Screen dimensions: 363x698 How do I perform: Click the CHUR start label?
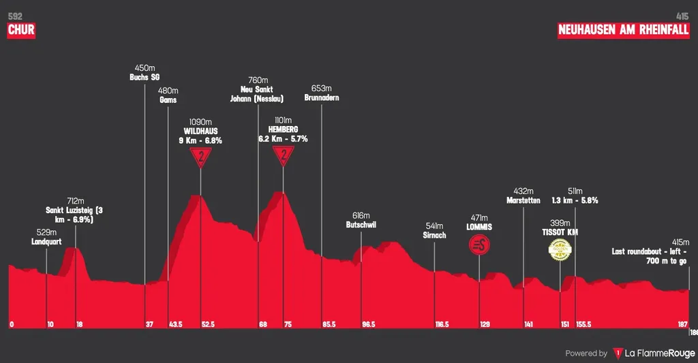click(20, 30)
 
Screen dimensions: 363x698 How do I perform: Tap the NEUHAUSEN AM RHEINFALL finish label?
click(623, 30)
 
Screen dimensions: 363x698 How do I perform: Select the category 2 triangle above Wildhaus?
click(200, 157)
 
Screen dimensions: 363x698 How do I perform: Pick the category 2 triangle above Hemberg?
click(283, 157)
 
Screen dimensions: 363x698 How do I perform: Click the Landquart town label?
click(46, 242)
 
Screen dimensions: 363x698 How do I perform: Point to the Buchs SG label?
click(145, 77)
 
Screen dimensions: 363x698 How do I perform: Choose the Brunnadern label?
click(321, 97)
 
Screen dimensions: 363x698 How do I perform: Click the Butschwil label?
click(361, 224)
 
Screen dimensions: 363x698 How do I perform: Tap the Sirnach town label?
click(434, 235)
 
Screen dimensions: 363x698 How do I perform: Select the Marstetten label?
click(523, 200)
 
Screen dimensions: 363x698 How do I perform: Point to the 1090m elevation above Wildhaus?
click(200, 122)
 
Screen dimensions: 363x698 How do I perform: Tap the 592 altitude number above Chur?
click(14, 15)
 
